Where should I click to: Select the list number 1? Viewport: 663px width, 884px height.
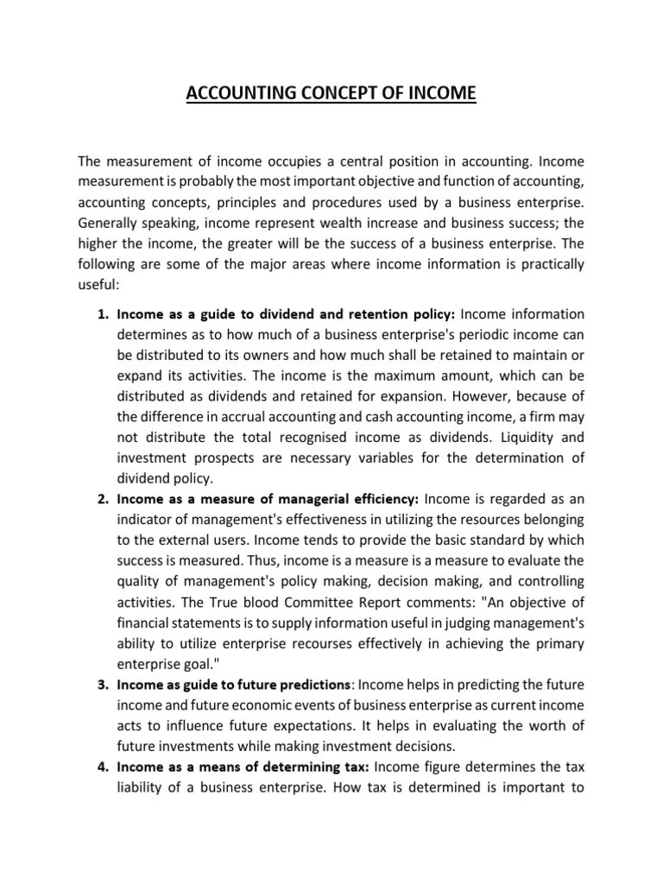pyautogui.click(x=102, y=313)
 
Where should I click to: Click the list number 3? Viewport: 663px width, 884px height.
pyautogui.click(x=102, y=685)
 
